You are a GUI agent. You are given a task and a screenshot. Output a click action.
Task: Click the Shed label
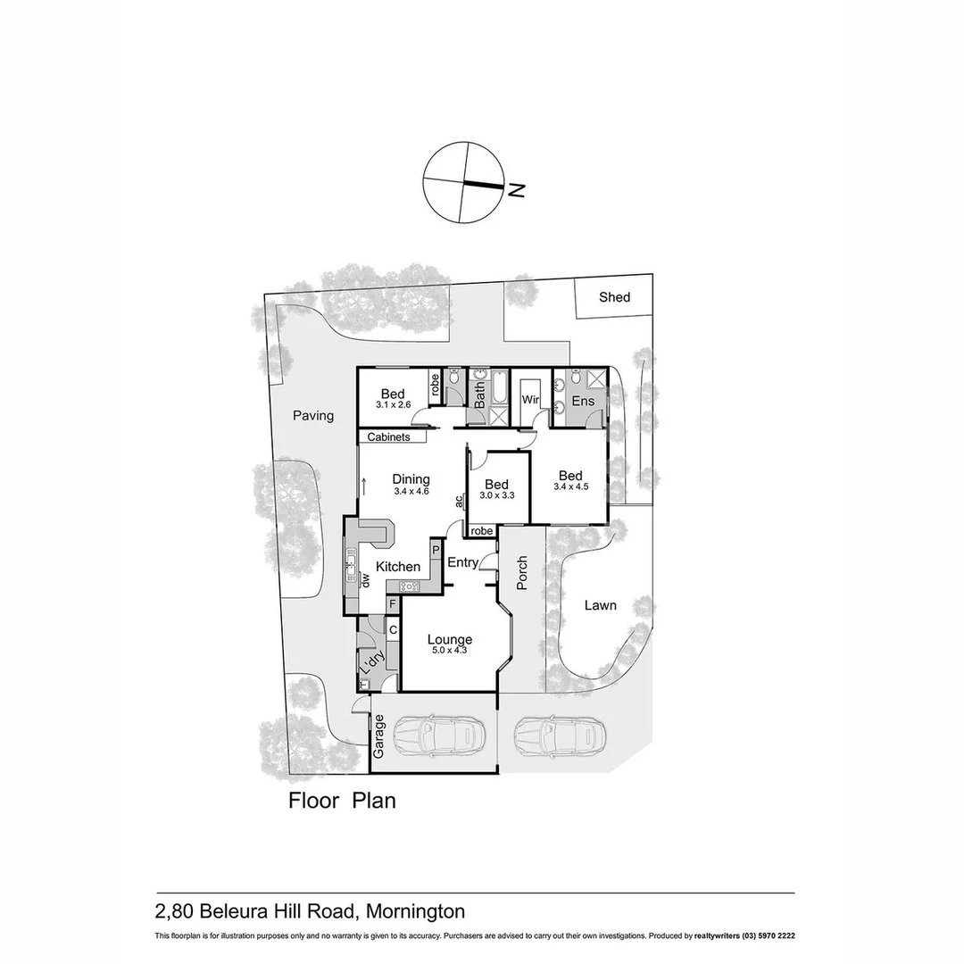614,297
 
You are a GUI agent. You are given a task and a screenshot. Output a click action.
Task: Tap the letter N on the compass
516,188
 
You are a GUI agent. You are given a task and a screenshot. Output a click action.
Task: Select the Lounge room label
449,639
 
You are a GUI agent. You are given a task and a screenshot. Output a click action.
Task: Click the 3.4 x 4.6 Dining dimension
411,491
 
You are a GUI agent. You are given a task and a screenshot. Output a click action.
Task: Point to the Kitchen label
398,567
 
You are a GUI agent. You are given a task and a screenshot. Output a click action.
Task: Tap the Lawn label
600,605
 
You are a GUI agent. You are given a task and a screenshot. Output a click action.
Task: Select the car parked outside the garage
556,736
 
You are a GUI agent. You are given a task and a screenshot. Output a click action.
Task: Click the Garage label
378,736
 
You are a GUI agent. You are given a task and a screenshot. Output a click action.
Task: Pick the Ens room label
583,402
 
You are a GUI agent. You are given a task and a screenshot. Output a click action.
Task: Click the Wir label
531,399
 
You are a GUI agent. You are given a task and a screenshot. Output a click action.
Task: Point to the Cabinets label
389,437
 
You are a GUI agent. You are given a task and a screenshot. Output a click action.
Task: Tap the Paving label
312,415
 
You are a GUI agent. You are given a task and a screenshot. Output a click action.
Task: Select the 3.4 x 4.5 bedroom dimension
570,487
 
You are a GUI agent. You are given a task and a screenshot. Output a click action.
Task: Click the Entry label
462,561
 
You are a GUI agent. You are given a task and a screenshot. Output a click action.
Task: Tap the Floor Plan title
342,800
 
